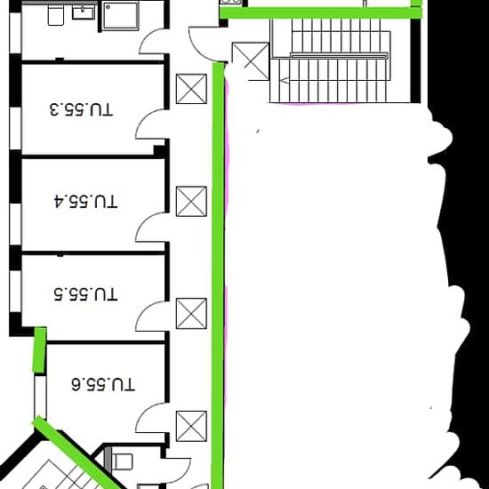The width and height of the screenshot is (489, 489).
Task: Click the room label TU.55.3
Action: coord(81,109)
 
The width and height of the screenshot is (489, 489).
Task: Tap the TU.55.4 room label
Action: coord(85,201)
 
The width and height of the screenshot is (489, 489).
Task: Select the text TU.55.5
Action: coord(85,294)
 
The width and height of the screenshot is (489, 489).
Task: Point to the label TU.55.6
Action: coord(103,384)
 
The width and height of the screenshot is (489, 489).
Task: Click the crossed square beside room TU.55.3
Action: coord(191,89)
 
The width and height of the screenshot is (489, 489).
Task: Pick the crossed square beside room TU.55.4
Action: coord(191,202)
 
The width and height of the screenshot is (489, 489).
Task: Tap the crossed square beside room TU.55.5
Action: coord(191,314)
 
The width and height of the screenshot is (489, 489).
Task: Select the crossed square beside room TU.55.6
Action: coord(191,426)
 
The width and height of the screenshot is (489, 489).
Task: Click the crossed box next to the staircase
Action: coord(251,61)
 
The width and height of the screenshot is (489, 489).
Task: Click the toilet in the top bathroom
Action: coord(56,14)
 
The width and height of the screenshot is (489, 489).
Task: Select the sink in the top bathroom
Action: coord(84,12)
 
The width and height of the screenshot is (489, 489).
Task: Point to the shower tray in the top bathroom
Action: coord(121,16)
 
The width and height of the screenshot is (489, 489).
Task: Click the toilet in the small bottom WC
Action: coord(122,461)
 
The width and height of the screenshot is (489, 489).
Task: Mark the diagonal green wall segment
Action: coord(79,453)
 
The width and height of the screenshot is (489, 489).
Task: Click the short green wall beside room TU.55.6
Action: coord(40,349)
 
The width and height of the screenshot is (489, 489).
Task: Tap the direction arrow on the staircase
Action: coord(285,81)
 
